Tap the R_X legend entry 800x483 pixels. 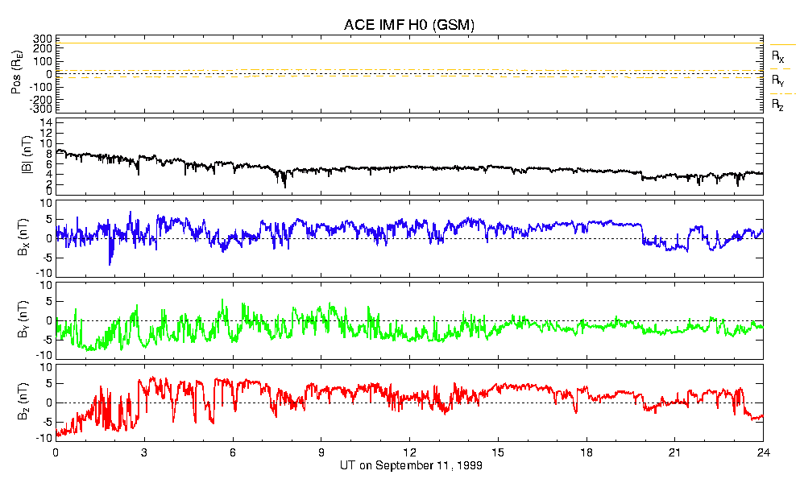click(x=777, y=57)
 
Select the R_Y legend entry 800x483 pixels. click(x=777, y=80)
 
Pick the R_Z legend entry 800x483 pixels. click(x=777, y=105)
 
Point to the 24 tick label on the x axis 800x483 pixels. click(x=762, y=452)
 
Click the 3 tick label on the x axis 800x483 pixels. click(x=144, y=452)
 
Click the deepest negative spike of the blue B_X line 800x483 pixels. click(x=110, y=263)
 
